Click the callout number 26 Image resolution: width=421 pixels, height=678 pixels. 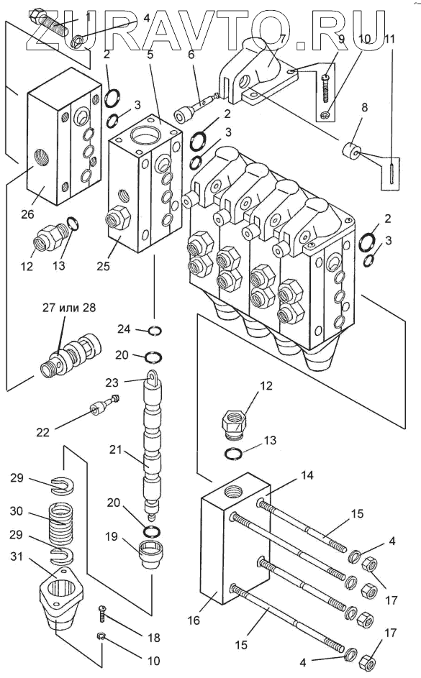tap(27, 214)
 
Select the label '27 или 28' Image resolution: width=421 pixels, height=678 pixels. tap(69, 308)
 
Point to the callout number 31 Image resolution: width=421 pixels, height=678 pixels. tap(17, 557)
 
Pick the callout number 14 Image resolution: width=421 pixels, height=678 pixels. tap(307, 475)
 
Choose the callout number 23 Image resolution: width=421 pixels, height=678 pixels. tap(112, 382)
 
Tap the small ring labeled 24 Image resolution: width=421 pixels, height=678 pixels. tap(155, 331)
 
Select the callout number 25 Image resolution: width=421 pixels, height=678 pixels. tap(103, 266)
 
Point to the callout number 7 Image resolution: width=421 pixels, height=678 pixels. tap(282, 39)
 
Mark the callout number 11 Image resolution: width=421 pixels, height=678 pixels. tap(389, 39)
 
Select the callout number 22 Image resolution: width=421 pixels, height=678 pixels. tap(43, 432)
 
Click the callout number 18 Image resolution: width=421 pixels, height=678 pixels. tap(153, 638)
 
